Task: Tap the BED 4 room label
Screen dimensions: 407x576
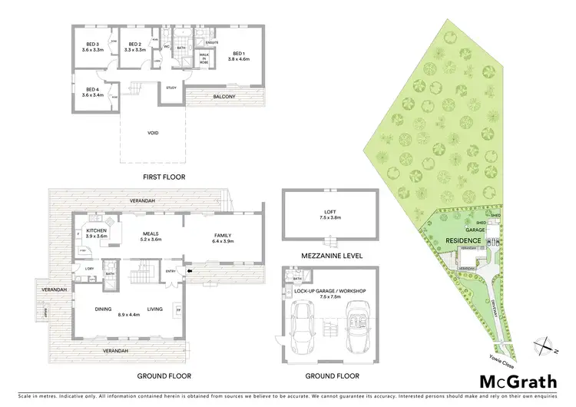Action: coord(92,92)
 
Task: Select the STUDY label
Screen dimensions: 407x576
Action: coord(172,88)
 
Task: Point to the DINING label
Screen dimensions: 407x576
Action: coord(104,309)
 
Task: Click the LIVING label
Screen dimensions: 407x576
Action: coord(154,309)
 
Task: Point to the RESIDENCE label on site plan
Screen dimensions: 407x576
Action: coord(462,240)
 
